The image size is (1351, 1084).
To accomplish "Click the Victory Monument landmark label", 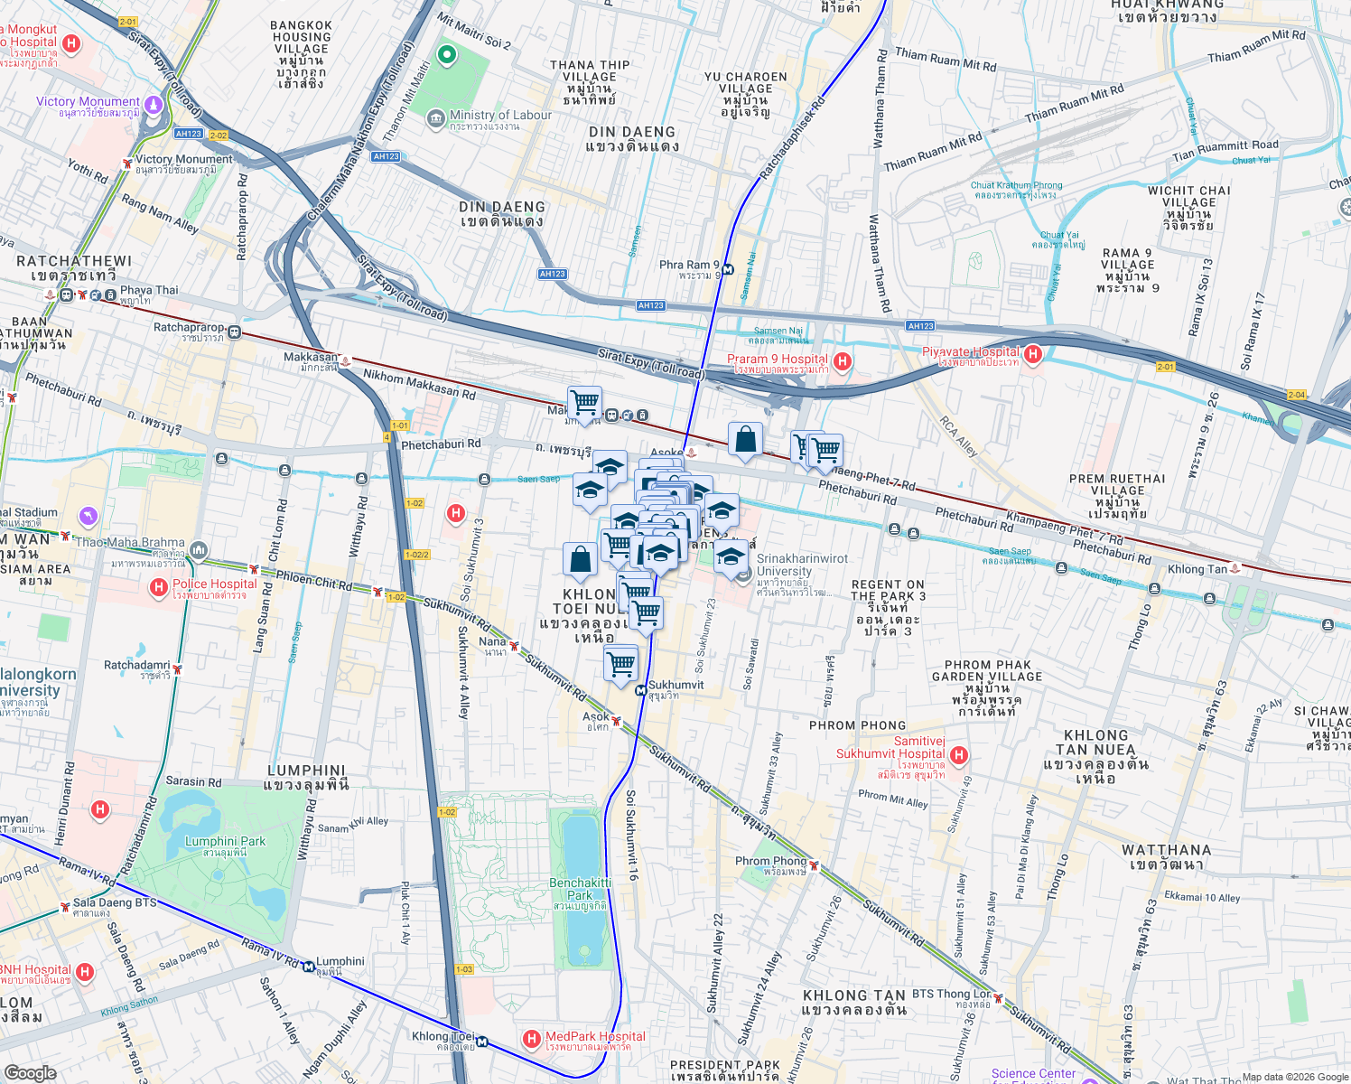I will [88, 102].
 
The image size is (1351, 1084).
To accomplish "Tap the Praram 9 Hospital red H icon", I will [843, 362].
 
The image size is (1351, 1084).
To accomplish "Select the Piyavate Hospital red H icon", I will [1033, 354].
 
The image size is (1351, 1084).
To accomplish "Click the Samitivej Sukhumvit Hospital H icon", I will [959, 754].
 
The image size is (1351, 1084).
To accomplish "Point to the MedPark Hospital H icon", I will [532, 1040].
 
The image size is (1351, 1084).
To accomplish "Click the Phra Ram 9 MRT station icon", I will [728, 268].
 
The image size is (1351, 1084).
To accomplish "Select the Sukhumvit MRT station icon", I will [640, 690].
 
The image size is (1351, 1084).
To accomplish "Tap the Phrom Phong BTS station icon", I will [814, 866].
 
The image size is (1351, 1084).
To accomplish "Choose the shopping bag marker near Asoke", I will [745, 440].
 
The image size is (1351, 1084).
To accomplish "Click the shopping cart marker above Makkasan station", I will [584, 401].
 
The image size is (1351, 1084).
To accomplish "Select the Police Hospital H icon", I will [159, 588].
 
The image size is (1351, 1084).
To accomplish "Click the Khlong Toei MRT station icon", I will [482, 1042].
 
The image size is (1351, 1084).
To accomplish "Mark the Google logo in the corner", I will [31, 1072].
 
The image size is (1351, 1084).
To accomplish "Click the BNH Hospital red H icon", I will [85, 972].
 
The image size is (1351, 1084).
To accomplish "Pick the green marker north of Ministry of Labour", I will [446, 55].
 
